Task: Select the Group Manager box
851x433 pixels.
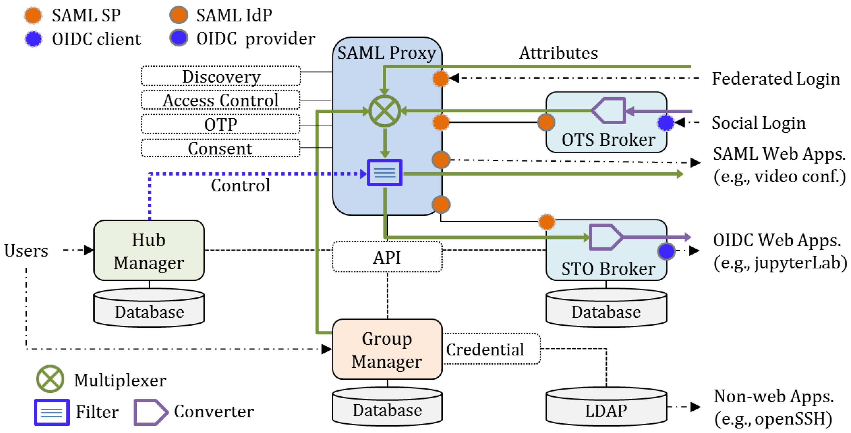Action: click(x=387, y=349)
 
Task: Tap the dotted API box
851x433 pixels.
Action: click(x=387, y=257)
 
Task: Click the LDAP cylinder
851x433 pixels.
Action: click(x=606, y=407)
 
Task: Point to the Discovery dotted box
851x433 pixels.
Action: click(x=221, y=76)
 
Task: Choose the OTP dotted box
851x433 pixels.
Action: click(x=221, y=124)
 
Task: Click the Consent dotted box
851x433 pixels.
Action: click(x=221, y=148)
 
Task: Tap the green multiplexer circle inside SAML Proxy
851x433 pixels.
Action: click(x=385, y=111)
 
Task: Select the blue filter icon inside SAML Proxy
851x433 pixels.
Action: click(x=385, y=172)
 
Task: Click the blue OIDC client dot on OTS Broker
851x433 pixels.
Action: click(x=665, y=123)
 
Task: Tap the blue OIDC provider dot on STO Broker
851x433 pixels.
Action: click(x=666, y=251)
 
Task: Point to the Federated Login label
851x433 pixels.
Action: click(x=775, y=79)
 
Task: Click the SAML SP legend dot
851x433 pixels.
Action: click(x=33, y=15)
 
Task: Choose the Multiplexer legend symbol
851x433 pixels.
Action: click(x=50, y=379)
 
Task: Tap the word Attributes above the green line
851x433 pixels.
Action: click(x=558, y=53)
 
